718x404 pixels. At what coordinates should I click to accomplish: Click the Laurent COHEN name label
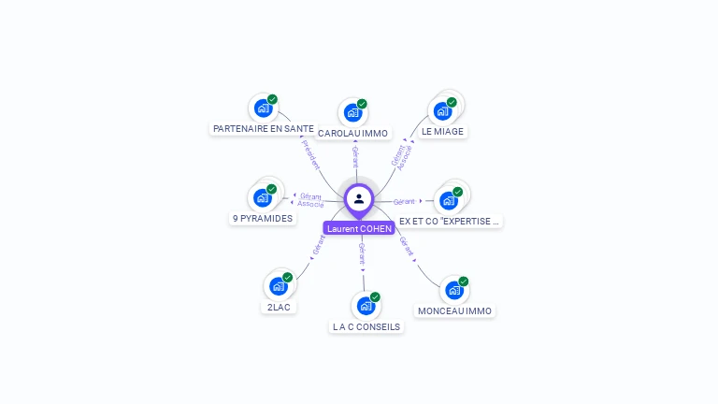pyautogui.click(x=359, y=228)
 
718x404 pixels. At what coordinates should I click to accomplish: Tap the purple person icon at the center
pyautogui.click(x=359, y=198)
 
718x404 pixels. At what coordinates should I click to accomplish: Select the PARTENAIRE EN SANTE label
pyautogui.click(x=264, y=128)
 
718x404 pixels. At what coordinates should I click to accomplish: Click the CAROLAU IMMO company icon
pyautogui.click(x=352, y=112)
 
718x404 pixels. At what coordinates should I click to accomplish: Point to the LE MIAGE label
pyautogui.click(x=442, y=132)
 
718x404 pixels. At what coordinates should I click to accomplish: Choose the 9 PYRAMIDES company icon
pyautogui.click(x=263, y=197)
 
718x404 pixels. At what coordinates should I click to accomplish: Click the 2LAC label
pyautogui.click(x=279, y=307)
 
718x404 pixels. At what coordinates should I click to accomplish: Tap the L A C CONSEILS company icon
pyautogui.click(x=366, y=305)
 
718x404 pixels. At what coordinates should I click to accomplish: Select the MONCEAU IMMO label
pyautogui.click(x=454, y=310)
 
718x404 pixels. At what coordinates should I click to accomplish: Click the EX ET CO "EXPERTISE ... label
pyautogui.click(x=450, y=222)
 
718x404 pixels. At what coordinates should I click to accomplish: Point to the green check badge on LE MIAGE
pyautogui.click(x=452, y=102)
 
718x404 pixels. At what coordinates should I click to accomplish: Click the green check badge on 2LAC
pyautogui.click(x=287, y=277)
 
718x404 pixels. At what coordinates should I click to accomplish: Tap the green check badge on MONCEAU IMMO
pyautogui.click(x=464, y=281)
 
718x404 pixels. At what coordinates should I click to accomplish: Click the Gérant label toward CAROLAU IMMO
pyautogui.click(x=355, y=156)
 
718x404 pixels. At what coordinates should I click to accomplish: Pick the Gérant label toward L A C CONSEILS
pyautogui.click(x=362, y=254)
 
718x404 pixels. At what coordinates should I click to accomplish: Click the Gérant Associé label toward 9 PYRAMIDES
pyautogui.click(x=310, y=200)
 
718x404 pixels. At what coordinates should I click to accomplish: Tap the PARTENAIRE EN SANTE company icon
pyautogui.click(x=263, y=108)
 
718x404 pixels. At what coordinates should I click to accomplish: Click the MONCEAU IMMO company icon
pyautogui.click(x=453, y=290)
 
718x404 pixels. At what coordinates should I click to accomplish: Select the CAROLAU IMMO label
pyautogui.click(x=352, y=134)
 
